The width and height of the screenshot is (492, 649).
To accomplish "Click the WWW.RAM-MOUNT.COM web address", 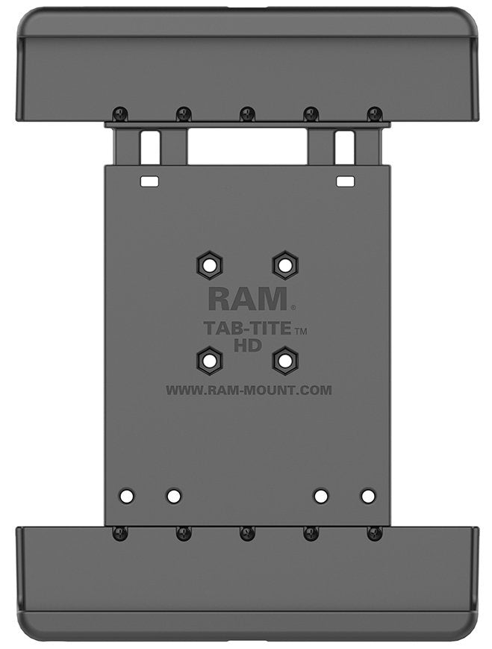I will point(248,389).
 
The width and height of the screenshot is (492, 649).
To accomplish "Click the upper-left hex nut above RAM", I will point(208,264).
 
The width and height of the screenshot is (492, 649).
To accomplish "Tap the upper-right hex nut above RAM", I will point(284,264).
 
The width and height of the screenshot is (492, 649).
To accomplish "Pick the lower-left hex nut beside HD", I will point(209,361).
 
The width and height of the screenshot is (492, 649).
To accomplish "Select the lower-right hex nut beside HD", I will point(284,361).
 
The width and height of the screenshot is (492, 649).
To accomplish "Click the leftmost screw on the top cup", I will point(119,114).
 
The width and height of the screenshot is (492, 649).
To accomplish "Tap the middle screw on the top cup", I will point(247,114).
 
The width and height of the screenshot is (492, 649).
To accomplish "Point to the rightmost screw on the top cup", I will point(375,114).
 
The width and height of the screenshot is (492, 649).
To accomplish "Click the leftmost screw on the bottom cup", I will point(119,533).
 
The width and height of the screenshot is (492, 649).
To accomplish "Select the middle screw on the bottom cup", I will point(247,533).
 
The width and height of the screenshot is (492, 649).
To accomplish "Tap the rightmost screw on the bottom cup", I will point(375,533).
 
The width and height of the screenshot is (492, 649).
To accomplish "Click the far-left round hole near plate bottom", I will point(128,495).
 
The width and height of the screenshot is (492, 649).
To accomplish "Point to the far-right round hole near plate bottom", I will point(367,495).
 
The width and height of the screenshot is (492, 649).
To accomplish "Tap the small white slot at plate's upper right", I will point(345,181).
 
